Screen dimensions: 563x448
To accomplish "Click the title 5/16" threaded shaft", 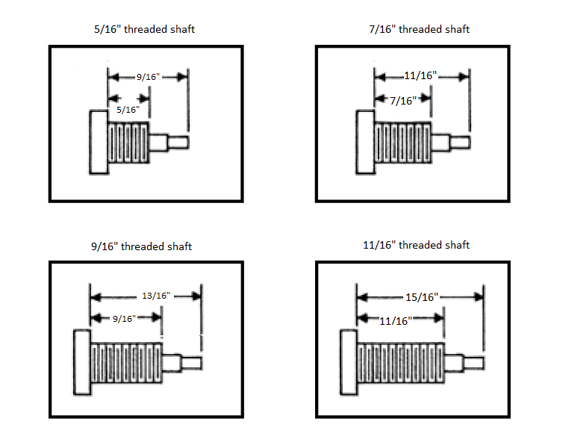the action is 144,29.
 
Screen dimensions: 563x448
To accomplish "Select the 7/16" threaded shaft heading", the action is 419,29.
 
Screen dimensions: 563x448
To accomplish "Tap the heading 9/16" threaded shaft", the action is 141,246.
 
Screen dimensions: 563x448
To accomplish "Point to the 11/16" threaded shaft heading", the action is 416,245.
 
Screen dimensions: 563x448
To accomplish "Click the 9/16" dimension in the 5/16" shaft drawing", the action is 148,77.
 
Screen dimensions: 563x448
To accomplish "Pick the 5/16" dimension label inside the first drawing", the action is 128,110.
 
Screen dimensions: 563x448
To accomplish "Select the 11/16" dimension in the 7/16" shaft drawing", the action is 420,75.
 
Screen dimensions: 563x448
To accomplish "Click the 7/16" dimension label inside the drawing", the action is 403,101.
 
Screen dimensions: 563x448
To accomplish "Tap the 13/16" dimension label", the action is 156,296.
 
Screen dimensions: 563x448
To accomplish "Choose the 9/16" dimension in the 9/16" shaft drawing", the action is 124,318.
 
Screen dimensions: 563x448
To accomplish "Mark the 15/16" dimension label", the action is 422,297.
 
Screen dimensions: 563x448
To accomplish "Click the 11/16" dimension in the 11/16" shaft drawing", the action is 396,321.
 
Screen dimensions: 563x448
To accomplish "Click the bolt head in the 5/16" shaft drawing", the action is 99,143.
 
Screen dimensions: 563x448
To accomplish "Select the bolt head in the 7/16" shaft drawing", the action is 365,143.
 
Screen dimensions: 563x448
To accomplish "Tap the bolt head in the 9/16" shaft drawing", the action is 82,362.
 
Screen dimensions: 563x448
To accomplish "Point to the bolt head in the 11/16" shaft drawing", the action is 349,362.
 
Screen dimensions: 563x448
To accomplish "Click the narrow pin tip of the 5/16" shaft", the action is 178,142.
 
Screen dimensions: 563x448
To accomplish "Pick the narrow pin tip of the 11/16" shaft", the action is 473,364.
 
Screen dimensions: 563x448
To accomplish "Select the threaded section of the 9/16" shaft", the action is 126,363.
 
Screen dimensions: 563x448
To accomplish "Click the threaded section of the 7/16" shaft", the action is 403,143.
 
